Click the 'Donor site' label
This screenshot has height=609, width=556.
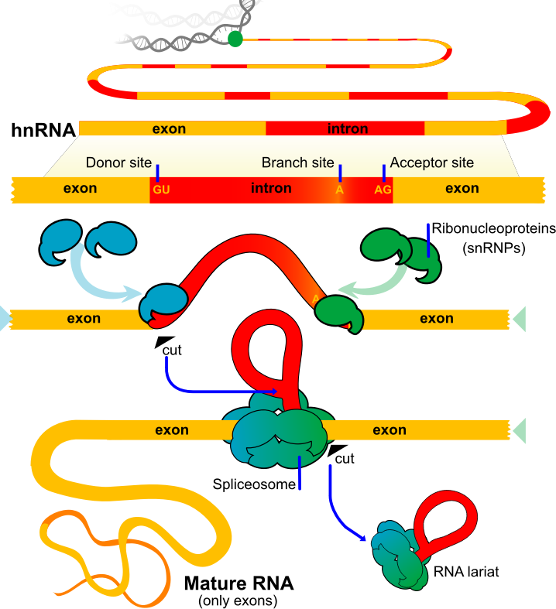pyautogui.click(x=118, y=163)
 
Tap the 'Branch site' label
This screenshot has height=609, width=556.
pyautogui.click(x=297, y=163)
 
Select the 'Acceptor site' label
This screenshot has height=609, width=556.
pyautogui.click(x=431, y=163)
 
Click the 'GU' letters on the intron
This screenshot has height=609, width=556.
pyautogui.click(x=161, y=189)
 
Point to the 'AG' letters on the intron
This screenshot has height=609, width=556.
pyautogui.click(x=383, y=189)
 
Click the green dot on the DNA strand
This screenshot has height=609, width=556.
pyautogui.click(x=235, y=39)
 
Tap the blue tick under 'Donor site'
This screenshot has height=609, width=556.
pyautogui.click(x=158, y=172)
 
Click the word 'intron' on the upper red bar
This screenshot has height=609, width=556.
pyautogui.click(x=348, y=128)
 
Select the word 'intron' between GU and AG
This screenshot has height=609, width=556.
pyautogui.click(x=271, y=188)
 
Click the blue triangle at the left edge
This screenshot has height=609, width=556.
pyautogui.click(x=5, y=318)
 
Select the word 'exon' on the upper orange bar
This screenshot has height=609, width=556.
pyautogui.click(x=169, y=128)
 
